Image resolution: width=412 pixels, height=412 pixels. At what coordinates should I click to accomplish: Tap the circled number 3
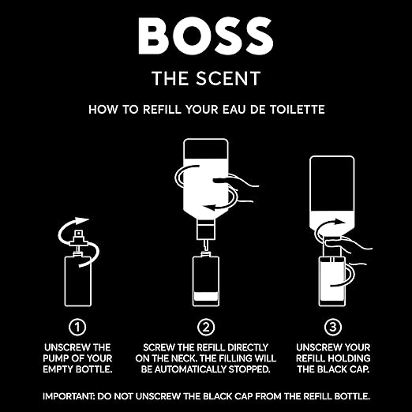(335, 326)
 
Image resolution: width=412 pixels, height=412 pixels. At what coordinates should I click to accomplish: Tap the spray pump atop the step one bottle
(78, 236)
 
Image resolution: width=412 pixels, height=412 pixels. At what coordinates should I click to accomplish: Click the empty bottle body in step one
(78, 278)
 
